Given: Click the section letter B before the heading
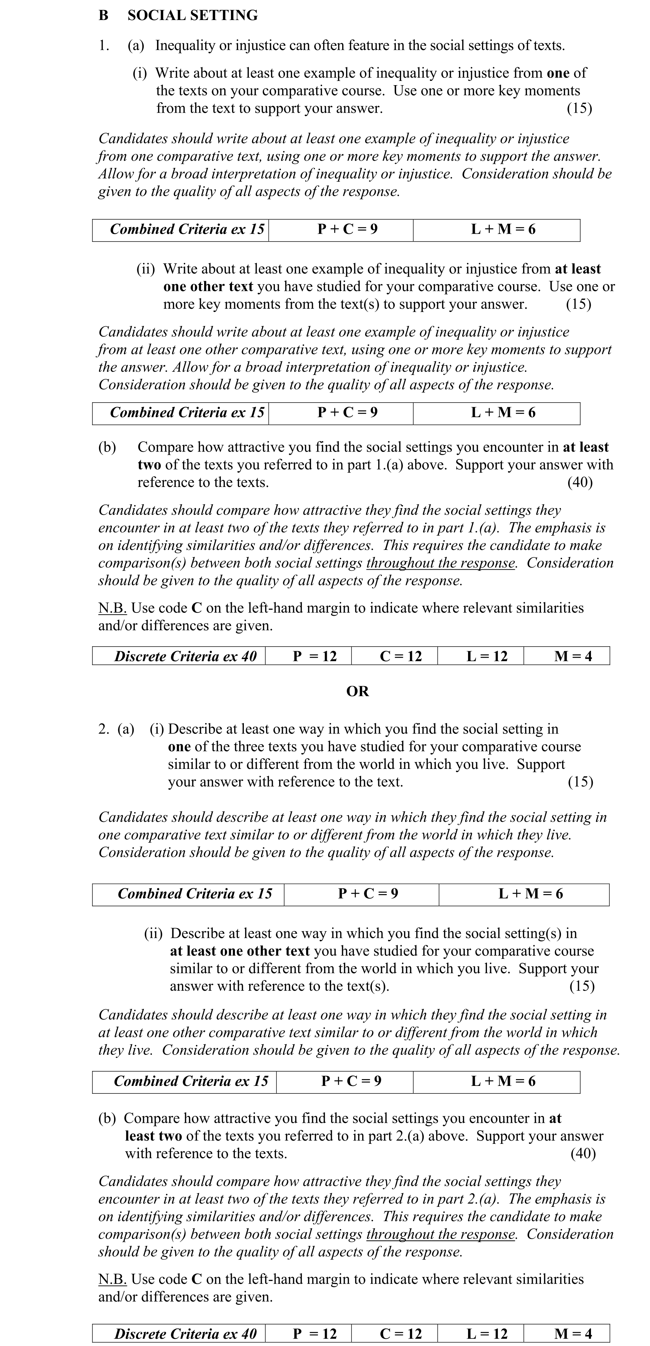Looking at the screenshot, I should tap(103, 15).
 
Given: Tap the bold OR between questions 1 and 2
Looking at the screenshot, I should tap(358, 691).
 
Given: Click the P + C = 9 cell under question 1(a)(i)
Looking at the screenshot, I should tap(347, 229).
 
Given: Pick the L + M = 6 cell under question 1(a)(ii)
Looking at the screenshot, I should tap(503, 413).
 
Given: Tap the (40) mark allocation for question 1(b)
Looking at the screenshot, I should tap(580, 482).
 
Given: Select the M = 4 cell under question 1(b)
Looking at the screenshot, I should tap(573, 656).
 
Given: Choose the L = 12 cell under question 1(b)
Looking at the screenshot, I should tap(487, 656).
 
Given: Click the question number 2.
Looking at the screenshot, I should tap(103, 729).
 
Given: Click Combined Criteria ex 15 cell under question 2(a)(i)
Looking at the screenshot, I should tap(195, 893).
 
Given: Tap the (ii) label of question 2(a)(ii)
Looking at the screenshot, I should tap(153, 933).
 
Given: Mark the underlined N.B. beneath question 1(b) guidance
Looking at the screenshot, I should tap(112, 608).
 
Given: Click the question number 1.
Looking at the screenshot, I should tap(103, 45).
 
